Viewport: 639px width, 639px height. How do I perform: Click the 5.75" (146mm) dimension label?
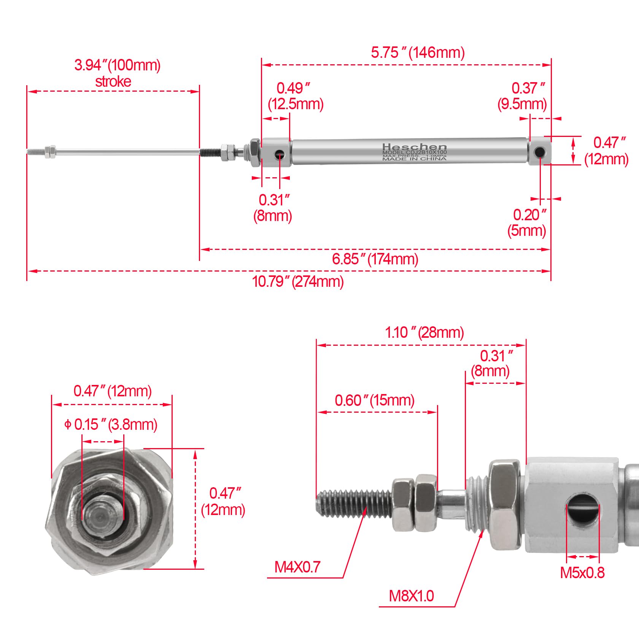[418, 52]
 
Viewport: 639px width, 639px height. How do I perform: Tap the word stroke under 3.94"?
[113, 82]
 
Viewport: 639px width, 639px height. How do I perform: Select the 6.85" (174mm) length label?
[375, 259]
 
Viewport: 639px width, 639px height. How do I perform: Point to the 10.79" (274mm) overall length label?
[297, 282]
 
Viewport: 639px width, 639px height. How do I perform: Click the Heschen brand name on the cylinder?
[414, 147]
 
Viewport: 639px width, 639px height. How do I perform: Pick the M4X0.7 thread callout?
[297, 567]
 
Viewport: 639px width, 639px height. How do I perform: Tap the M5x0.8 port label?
[582, 573]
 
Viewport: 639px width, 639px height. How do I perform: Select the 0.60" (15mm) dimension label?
[374, 400]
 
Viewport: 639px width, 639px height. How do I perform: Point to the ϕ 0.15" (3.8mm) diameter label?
[111, 424]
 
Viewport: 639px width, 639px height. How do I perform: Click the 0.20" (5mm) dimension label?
[528, 223]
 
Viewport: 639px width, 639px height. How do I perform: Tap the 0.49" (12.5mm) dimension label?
[296, 96]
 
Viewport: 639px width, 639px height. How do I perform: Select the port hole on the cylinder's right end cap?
[539, 152]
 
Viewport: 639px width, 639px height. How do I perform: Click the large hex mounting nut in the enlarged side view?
[505, 505]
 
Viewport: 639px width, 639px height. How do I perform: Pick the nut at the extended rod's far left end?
[50, 151]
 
